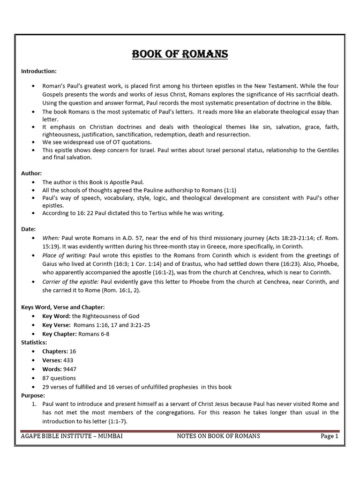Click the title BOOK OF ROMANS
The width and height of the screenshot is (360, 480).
pyautogui.click(x=180, y=54)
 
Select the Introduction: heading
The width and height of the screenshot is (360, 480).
pyautogui.click(x=39, y=71)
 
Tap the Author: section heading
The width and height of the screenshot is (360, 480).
pyautogui.click(x=31, y=173)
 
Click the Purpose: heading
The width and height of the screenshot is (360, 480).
pyautogui.click(x=33, y=395)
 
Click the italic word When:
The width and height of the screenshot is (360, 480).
pyautogui.click(x=51, y=238)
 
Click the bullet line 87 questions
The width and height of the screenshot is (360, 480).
pyautogui.click(x=59, y=378)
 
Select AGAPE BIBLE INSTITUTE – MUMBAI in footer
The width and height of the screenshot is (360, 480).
pyautogui.click(x=72, y=436)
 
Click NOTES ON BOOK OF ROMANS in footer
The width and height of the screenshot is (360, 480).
pyautogui.click(x=218, y=436)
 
